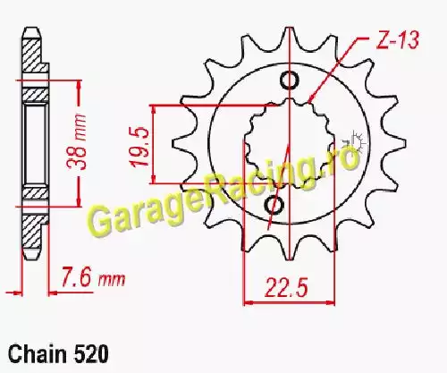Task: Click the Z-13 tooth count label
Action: [x=398, y=39]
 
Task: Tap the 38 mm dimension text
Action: [x=77, y=141]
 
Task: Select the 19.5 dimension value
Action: [x=139, y=147]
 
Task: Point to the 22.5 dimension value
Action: [x=286, y=287]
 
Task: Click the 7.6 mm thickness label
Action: [x=93, y=278]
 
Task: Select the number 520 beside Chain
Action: [x=90, y=354]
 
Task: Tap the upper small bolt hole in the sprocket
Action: [x=289, y=81]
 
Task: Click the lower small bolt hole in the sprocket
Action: [x=274, y=205]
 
